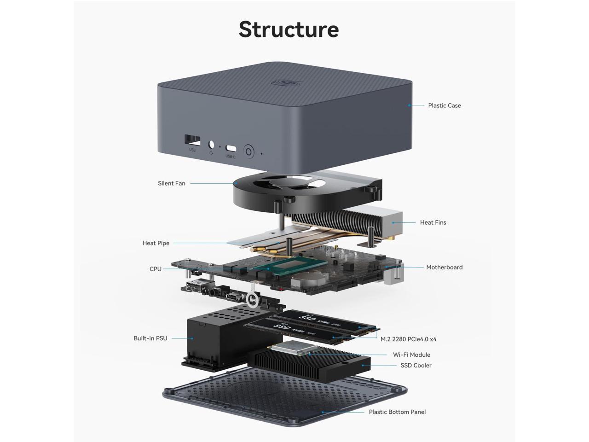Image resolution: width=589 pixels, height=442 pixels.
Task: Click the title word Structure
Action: click(289, 29)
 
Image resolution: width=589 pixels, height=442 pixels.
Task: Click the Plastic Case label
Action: click(444, 105)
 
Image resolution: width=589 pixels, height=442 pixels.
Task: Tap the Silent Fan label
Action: click(172, 183)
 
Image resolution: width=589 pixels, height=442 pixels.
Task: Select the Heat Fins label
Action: click(433, 222)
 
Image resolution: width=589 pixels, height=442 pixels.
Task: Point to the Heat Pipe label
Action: click(156, 243)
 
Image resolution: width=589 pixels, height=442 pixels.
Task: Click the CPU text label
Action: click(156, 269)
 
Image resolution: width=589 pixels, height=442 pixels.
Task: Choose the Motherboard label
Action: click(444, 267)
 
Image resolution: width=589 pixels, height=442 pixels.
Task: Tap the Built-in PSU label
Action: click(150, 338)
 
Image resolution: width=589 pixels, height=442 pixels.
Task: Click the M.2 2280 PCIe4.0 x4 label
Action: click(408, 339)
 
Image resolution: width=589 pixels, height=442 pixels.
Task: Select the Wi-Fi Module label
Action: click(411, 355)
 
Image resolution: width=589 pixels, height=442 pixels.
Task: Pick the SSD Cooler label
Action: click(416, 366)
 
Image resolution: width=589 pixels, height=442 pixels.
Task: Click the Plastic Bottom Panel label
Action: click(397, 412)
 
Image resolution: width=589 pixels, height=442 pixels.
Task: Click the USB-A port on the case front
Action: click(192, 140)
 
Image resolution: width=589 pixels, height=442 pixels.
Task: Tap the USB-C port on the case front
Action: click(231, 149)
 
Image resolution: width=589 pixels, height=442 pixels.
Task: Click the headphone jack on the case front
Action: click(212, 145)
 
